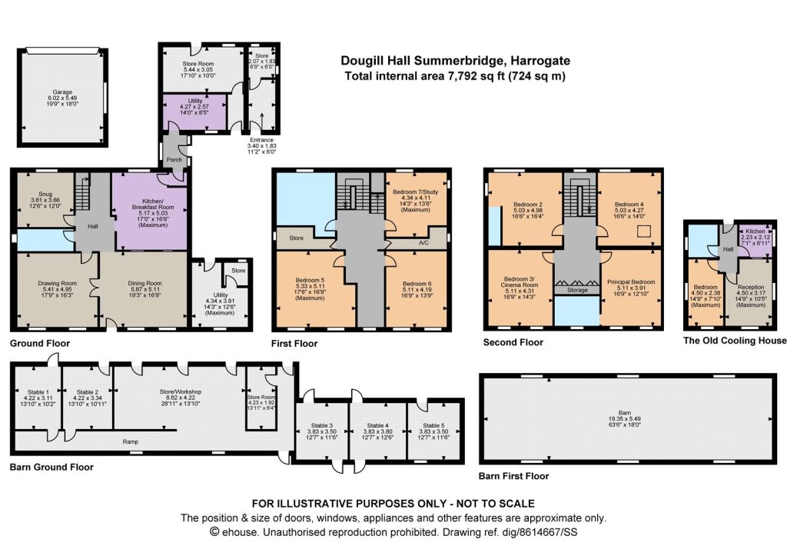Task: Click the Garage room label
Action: (x=63, y=92)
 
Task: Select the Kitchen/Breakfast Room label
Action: (x=153, y=204)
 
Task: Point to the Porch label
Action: (x=174, y=160)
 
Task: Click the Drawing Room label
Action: (x=57, y=283)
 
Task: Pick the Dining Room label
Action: (x=145, y=283)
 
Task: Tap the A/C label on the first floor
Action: (x=424, y=242)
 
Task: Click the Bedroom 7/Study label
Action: (x=415, y=191)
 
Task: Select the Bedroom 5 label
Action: (x=310, y=280)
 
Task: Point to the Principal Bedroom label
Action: (x=631, y=281)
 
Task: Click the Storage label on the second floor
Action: (x=577, y=291)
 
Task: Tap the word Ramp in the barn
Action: (x=130, y=442)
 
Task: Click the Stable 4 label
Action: (x=377, y=425)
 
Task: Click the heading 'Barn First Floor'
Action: (x=513, y=476)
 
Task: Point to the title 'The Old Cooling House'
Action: (x=735, y=341)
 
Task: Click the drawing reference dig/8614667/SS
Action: (x=540, y=532)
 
